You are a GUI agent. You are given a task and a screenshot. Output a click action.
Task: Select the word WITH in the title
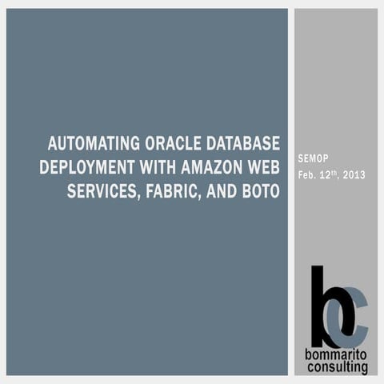pos(157,169)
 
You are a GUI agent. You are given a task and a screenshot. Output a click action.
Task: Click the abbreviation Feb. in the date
pos(307,175)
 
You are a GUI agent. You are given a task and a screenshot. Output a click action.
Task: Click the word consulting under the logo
pos(337,369)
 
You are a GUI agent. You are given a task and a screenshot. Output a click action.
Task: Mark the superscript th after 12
pos(336,172)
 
